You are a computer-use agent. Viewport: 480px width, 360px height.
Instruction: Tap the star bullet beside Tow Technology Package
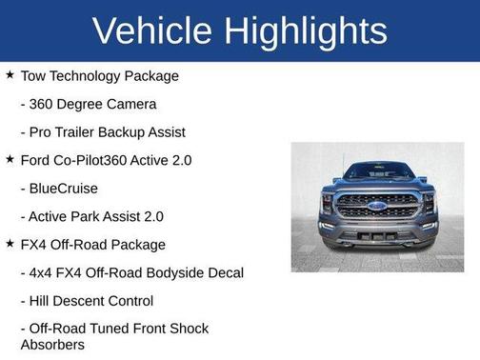point(10,74)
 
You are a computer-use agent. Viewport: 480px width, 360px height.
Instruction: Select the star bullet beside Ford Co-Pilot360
point(10,159)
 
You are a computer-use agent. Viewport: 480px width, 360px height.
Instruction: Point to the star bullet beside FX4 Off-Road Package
point(10,244)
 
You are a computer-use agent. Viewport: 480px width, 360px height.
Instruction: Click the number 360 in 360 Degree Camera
point(44,104)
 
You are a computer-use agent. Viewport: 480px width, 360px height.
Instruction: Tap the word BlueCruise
point(65,189)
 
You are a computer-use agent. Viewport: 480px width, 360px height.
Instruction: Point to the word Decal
point(224,272)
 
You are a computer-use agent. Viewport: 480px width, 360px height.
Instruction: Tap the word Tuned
point(111,329)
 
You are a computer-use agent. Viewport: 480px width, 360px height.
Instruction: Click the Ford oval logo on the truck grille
point(377,205)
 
